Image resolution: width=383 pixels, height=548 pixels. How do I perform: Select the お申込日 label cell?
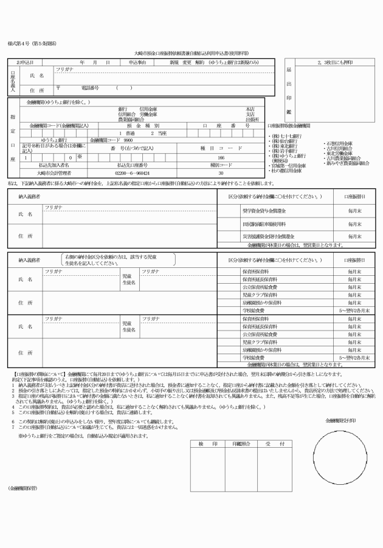pos(25,63)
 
